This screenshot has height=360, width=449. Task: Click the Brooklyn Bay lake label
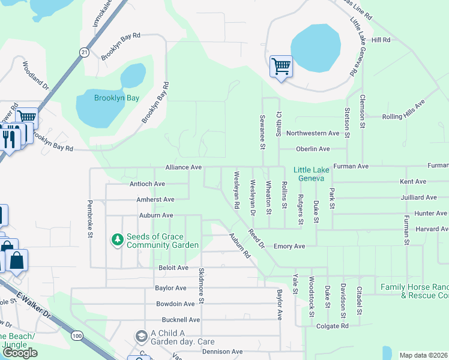click(x=116, y=98)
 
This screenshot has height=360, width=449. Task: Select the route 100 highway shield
click(x=77, y=336)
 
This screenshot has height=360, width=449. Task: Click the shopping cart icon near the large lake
click(x=281, y=66)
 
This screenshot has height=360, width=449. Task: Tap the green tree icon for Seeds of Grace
click(x=118, y=240)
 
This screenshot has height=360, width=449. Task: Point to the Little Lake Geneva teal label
click(x=312, y=174)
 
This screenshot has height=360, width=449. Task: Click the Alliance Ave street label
click(x=184, y=168)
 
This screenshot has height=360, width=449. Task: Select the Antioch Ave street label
click(x=147, y=184)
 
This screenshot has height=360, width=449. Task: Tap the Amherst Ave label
click(x=156, y=199)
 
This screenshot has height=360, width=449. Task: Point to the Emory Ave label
click(x=289, y=246)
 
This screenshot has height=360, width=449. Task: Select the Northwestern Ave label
click(x=313, y=133)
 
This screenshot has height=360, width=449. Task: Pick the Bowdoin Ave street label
click(x=175, y=304)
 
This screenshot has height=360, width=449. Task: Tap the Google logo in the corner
click(x=20, y=352)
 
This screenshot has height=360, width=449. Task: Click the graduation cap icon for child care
click(x=142, y=335)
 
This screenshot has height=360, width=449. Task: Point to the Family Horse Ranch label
click(x=414, y=291)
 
